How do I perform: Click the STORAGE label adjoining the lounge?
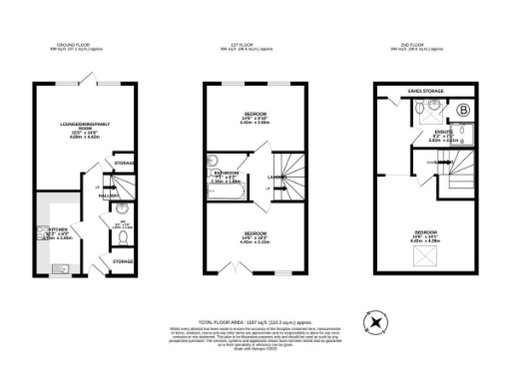[x=125, y=162]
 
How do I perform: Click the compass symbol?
[x=375, y=322]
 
